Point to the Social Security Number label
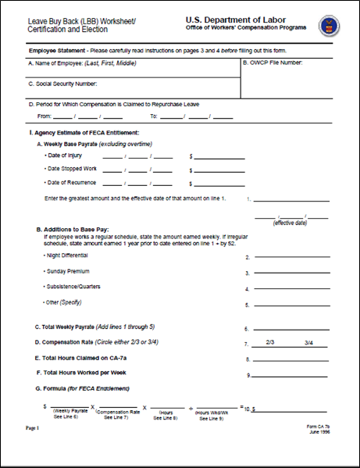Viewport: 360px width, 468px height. tap(63, 84)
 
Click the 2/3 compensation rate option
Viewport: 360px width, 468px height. tap(270, 343)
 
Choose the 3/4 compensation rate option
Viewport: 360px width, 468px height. tap(308, 343)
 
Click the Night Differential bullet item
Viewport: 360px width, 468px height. tap(66, 255)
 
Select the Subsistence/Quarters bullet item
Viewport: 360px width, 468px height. tap(71, 287)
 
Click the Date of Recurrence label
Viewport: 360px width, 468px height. tap(70, 182)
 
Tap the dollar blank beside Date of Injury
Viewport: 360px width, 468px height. tap(219, 157)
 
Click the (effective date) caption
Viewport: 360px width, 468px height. tap(288, 223)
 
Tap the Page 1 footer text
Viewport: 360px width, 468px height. tap(32, 428)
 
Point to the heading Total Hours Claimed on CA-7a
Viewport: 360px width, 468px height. tap(86, 358)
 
